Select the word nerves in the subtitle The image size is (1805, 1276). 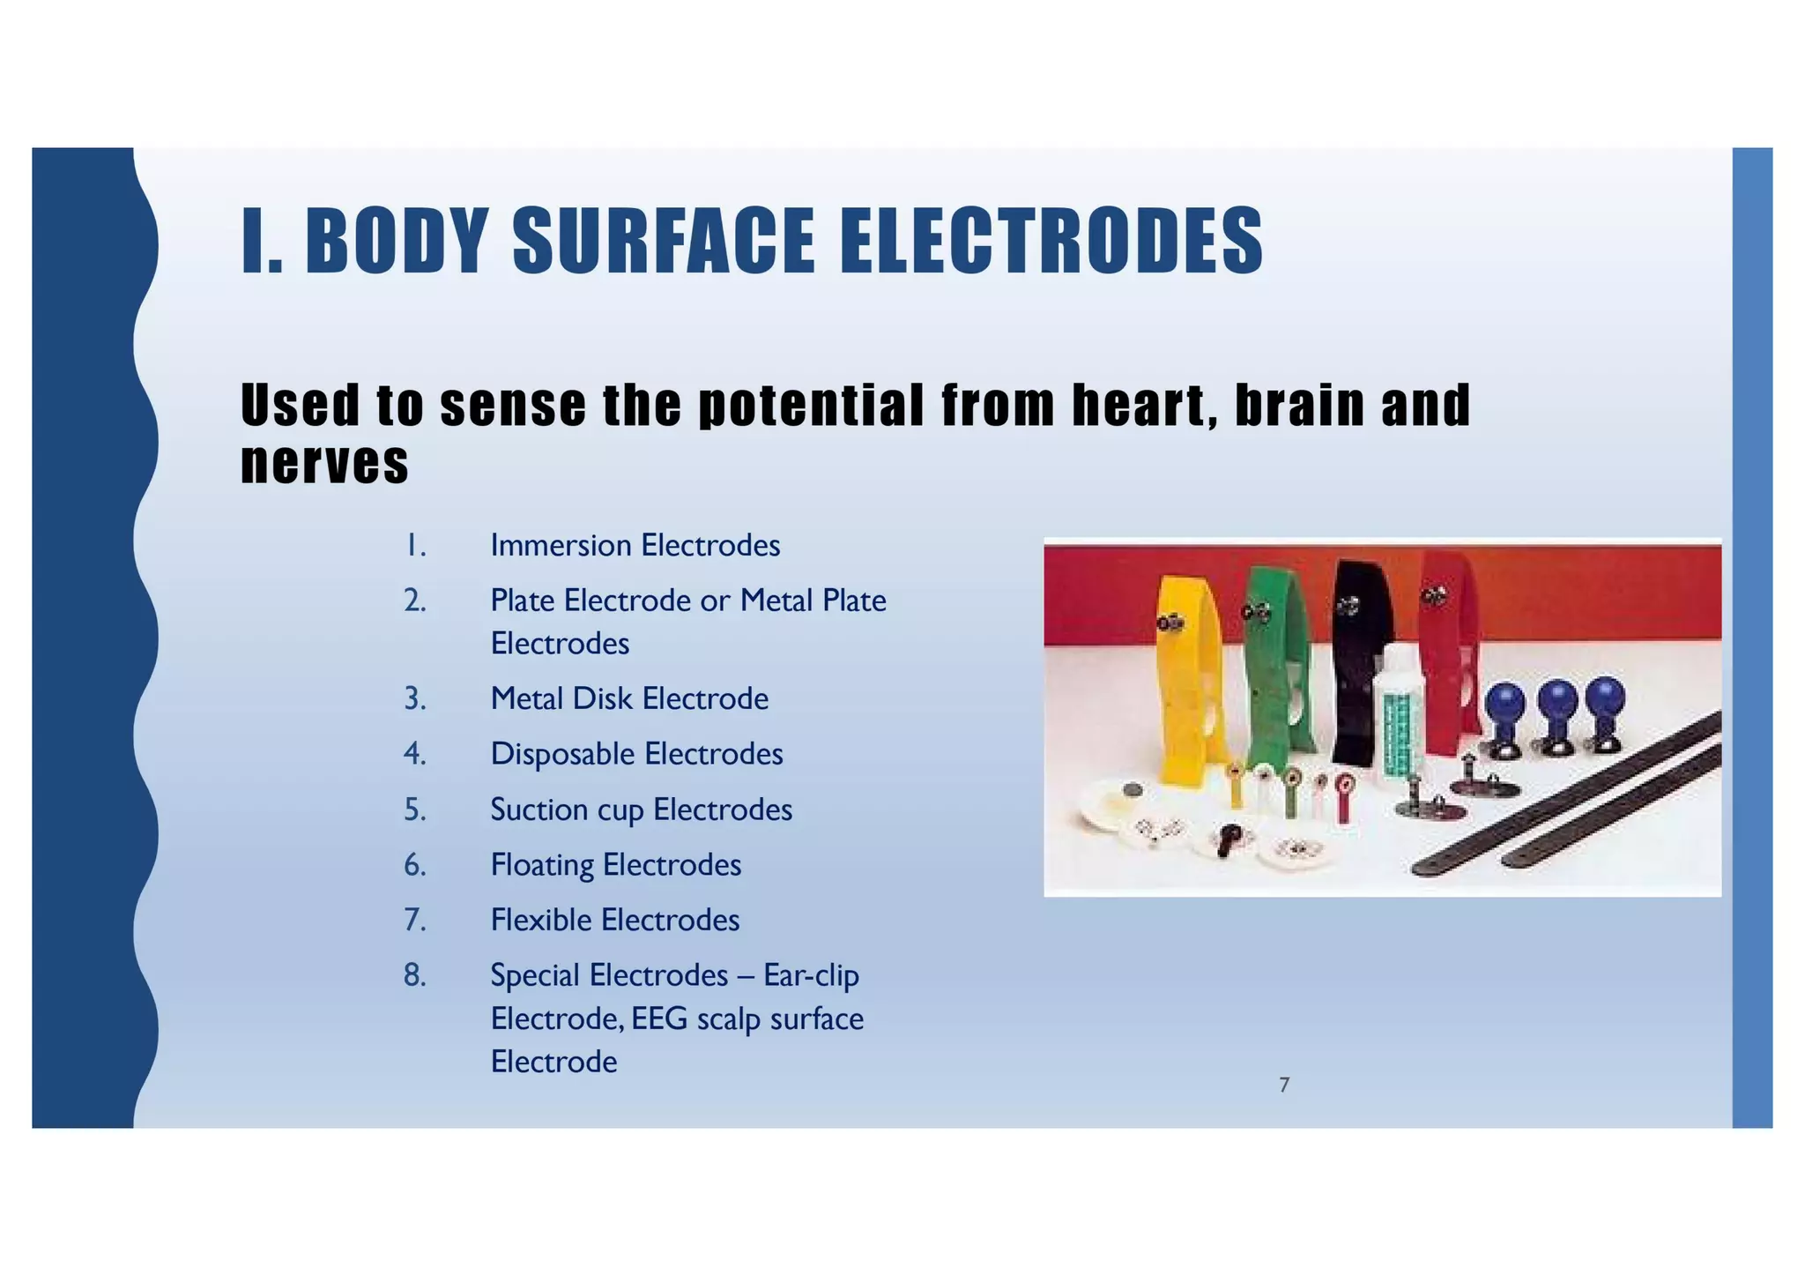pyautogui.click(x=324, y=463)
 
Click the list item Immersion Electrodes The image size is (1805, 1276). pyautogui.click(x=635, y=546)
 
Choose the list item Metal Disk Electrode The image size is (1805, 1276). pyautogui.click(x=629, y=699)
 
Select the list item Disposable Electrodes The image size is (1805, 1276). pyautogui.click(x=636, y=754)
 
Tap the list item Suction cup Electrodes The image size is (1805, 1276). pyautogui.click(x=641, y=810)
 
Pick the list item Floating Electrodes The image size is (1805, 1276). pyautogui.click(x=615, y=865)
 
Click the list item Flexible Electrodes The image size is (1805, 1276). pyautogui.click(x=614, y=921)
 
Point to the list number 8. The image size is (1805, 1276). pyautogui.click(x=414, y=975)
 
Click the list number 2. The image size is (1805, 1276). pyautogui.click(x=414, y=601)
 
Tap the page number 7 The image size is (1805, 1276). pyautogui.click(x=1284, y=1086)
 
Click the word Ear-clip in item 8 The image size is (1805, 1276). pyautogui.click(x=811, y=975)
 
